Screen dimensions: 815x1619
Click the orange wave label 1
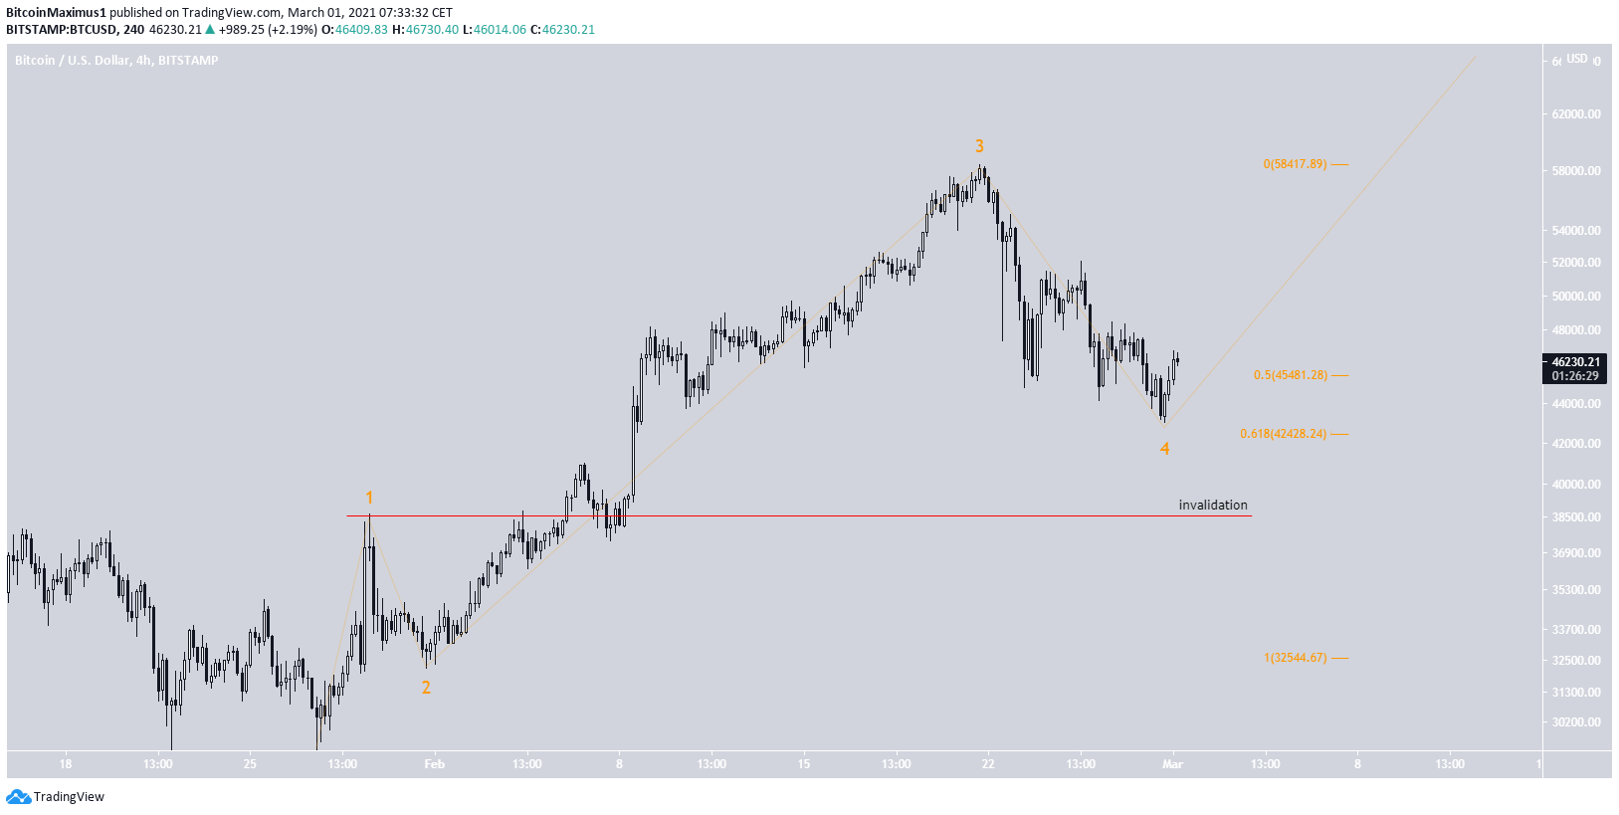pos(369,498)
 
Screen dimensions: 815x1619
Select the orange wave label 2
pos(426,688)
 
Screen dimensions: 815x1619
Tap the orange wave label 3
pos(979,146)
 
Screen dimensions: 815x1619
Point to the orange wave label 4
pos(1164,449)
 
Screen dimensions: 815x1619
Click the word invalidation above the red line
pos(1212,505)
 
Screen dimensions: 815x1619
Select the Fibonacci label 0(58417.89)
pos(1295,164)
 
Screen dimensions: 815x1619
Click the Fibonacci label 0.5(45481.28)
pos(1290,375)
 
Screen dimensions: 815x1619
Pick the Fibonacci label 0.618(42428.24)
pos(1283,434)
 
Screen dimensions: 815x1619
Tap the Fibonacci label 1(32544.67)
pos(1295,658)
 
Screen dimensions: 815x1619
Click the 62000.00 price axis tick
pos(1576,114)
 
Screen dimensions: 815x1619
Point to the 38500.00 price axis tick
pos(1576,517)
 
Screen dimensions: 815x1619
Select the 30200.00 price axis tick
pos(1576,722)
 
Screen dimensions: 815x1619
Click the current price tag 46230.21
pos(1576,362)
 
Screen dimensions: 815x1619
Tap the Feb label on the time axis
pos(435,764)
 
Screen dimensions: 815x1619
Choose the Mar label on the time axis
pos(1173,764)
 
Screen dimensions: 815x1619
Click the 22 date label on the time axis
pos(988,764)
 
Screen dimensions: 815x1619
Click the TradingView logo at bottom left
pos(56,796)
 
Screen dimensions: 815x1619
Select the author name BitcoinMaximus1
pos(56,13)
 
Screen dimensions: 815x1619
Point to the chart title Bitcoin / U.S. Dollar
pos(73,61)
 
